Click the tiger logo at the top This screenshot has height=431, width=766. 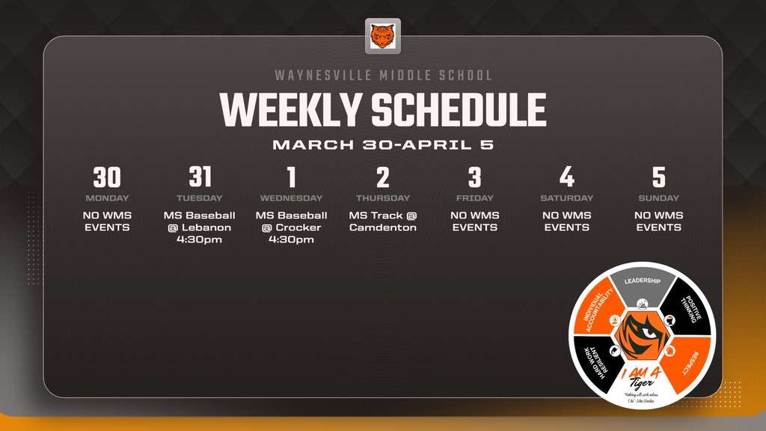click(x=382, y=36)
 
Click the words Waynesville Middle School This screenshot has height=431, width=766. click(x=383, y=76)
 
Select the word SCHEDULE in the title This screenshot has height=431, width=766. click(x=459, y=110)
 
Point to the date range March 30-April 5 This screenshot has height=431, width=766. click(x=383, y=144)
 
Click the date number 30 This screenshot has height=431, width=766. click(x=107, y=177)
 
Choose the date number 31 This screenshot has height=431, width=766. click(x=200, y=177)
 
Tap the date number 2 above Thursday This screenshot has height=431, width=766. click(x=383, y=177)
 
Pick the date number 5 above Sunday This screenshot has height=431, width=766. click(x=658, y=177)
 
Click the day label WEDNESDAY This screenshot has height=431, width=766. click(x=291, y=198)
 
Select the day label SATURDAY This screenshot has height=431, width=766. click(x=567, y=198)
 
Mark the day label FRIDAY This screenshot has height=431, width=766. click(x=475, y=198)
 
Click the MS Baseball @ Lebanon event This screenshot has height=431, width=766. click(x=200, y=227)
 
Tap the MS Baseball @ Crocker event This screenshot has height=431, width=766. click(x=291, y=227)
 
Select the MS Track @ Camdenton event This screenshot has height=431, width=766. click(x=383, y=221)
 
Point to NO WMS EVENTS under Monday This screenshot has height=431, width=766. click(x=107, y=221)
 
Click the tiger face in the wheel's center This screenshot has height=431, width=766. click(x=642, y=332)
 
